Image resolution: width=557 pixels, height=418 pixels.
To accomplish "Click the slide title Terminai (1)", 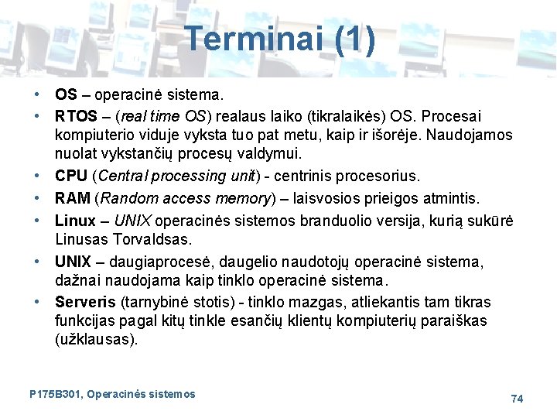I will [281, 39].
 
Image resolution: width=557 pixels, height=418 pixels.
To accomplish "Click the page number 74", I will [517, 398].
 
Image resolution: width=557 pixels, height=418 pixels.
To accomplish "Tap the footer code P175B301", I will [55, 394].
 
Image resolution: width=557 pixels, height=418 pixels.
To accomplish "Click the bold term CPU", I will [71, 176].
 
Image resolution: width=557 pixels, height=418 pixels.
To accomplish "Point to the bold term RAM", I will [72, 199].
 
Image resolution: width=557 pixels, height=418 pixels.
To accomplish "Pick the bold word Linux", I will [75, 221].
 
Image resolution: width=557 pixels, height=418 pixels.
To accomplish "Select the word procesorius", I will [379, 176].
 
